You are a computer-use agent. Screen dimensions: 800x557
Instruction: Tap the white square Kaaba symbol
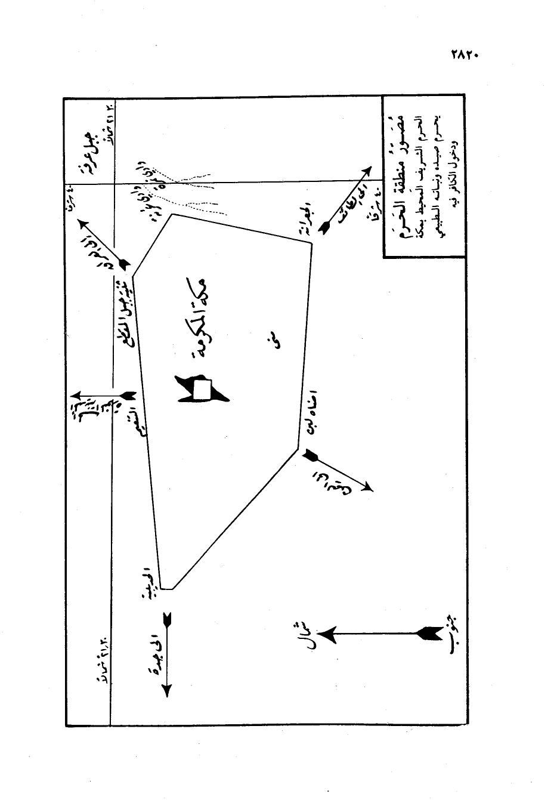pyautogui.click(x=202, y=390)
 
